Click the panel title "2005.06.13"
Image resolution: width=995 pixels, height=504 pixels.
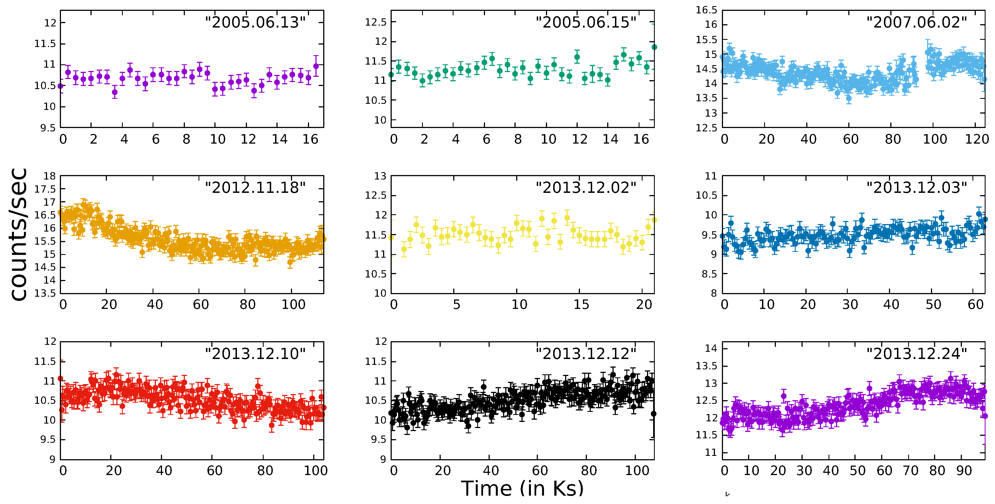click(x=255, y=22)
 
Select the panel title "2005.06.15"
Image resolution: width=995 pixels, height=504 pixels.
click(x=585, y=22)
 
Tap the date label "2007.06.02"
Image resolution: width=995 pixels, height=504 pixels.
click(x=916, y=22)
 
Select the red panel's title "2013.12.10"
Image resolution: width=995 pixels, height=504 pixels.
click(x=255, y=354)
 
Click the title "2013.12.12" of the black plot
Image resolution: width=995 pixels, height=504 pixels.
click(x=585, y=354)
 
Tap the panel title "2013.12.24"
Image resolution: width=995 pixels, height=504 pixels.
click(x=916, y=354)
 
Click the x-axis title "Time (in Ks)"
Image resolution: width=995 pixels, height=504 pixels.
click(x=522, y=488)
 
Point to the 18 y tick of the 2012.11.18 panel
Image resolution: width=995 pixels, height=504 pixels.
click(x=50, y=176)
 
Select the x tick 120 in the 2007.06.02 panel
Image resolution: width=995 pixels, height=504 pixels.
click(x=976, y=139)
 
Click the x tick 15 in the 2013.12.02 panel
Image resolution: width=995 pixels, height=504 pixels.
click(x=581, y=305)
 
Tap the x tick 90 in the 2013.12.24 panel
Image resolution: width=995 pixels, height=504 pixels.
click(x=964, y=471)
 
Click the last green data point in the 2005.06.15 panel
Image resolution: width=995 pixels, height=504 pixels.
click(x=654, y=47)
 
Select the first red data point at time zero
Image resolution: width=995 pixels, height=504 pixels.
click(x=60, y=379)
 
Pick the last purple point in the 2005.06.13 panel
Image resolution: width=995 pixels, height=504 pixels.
click(x=316, y=66)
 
